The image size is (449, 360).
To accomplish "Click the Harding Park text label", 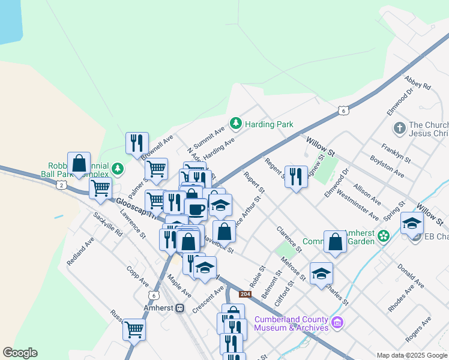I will click(269, 124).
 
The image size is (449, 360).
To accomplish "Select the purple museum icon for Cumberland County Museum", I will click(337, 323).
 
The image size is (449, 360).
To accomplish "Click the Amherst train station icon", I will click(179, 308).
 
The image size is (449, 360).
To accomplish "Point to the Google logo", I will click(20, 353).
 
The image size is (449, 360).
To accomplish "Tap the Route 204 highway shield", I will click(245, 294).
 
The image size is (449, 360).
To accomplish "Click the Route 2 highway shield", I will click(62, 185).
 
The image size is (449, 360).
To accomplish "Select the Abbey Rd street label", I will click(418, 83).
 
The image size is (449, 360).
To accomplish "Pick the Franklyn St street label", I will click(396, 152).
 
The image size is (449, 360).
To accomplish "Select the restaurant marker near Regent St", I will click(295, 176).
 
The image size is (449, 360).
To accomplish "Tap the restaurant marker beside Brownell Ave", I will click(137, 143).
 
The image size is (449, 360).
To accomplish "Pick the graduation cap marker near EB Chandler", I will click(412, 223).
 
